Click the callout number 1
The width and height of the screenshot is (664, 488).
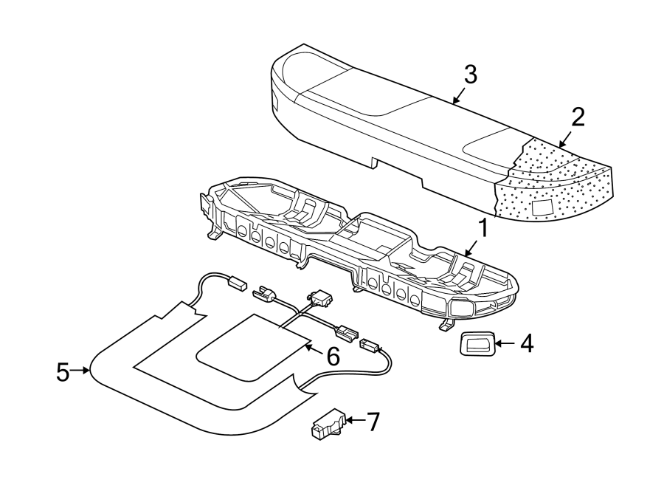tap(483, 229)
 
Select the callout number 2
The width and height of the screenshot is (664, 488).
tap(578, 117)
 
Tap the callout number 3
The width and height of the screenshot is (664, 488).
tap(470, 75)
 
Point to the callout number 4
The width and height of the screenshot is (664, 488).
tap(527, 343)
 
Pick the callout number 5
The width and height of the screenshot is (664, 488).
tap(63, 373)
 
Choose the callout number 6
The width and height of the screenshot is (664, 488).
tap(333, 357)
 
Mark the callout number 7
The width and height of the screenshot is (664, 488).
tap(373, 422)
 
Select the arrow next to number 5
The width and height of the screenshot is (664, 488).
tap(80, 371)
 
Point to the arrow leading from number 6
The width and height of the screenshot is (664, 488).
tap(314, 349)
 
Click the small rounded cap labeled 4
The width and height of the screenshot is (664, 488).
tap(476, 343)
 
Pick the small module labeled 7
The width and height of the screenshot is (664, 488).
tap(328, 425)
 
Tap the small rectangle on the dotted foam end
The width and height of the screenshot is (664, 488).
tap(543, 208)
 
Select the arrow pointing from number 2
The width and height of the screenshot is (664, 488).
tap(565, 139)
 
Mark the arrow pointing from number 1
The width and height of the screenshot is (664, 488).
tap(471, 248)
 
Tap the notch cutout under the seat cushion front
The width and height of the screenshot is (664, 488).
tap(375, 162)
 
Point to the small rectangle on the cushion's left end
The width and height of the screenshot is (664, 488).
tap(274, 102)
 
